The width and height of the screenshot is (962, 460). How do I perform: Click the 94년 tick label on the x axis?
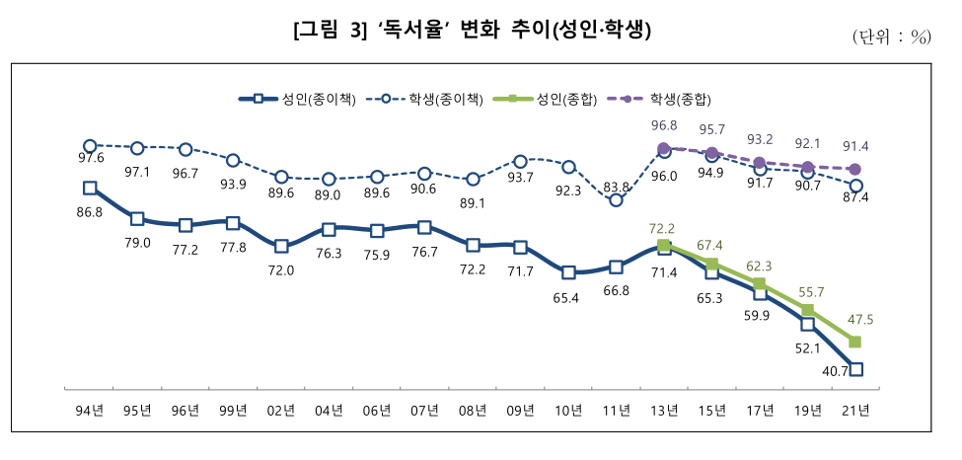(90, 410)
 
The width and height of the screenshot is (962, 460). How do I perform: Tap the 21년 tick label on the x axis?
(855, 410)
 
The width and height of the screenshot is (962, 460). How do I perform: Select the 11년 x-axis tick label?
(616, 410)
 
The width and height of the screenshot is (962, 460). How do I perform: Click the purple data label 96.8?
(664, 125)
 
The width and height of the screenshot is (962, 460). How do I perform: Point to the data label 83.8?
(616, 187)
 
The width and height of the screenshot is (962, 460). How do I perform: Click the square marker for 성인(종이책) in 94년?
(90, 188)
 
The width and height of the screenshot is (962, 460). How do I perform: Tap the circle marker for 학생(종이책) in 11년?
(616, 200)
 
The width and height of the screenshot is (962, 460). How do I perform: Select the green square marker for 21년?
(855, 342)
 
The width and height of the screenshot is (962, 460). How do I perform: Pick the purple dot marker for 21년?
(855, 169)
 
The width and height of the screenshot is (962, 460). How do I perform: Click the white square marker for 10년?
(568, 271)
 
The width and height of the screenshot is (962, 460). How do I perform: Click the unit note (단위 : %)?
(891, 38)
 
